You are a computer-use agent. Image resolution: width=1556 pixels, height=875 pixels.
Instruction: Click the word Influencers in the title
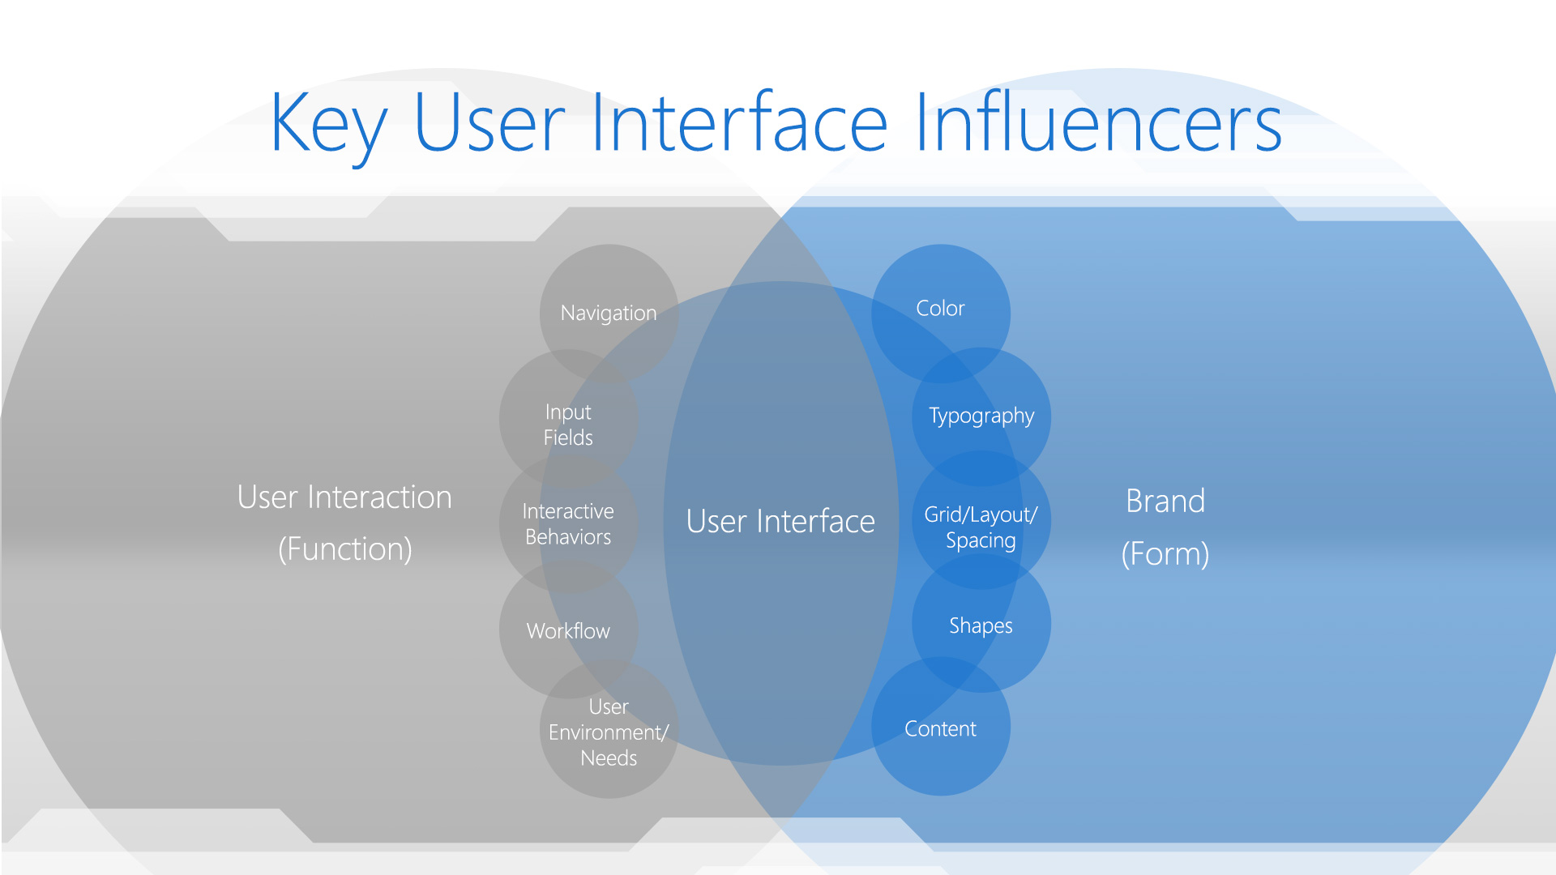[1099, 122]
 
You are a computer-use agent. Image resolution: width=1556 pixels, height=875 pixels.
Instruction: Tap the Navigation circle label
[609, 314]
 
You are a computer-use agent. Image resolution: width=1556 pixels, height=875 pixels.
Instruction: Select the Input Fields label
[568, 425]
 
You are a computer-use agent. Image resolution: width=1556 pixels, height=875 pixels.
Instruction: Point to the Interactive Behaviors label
[568, 524]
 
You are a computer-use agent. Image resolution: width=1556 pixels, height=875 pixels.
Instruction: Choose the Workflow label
[568, 631]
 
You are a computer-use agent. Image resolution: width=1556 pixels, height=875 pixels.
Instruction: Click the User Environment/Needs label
[609, 732]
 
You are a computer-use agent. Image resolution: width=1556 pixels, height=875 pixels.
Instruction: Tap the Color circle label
[940, 309]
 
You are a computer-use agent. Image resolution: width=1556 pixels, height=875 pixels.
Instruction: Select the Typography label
[981, 416]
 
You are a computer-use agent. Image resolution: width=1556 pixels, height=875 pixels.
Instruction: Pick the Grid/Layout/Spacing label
[981, 527]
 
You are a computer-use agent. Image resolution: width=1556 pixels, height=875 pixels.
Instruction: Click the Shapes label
[981, 626]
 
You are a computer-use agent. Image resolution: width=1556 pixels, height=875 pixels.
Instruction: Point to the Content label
[940, 729]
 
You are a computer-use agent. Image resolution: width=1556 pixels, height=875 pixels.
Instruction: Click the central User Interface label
[780, 522]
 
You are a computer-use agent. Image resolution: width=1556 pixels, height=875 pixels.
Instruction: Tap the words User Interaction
[344, 497]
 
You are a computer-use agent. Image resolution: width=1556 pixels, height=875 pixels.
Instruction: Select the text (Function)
[345, 549]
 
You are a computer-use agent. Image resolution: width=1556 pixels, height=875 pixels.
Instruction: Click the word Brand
[1165, 502]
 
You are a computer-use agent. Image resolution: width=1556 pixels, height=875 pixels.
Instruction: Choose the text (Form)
[1165, 554]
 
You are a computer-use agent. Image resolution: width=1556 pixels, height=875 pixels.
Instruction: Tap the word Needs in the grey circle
[609, 758]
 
